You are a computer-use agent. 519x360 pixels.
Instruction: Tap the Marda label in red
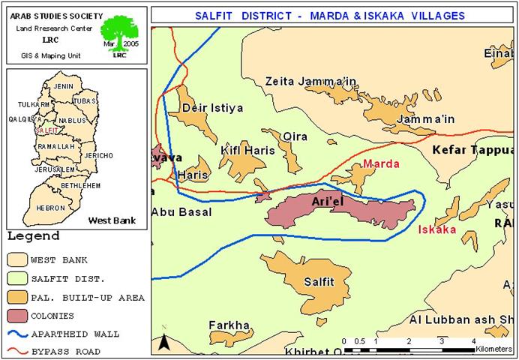tap(380, 163)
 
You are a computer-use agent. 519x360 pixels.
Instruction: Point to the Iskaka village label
tap(436, 229)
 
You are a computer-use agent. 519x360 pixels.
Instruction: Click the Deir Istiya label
tap(213, 109)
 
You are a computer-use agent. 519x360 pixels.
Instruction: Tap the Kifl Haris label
tap(247, 151)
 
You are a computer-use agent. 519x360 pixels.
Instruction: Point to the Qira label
tap(295, 136)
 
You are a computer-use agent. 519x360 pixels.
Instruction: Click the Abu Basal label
tap(181, 212)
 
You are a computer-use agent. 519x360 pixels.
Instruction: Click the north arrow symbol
tap(164, 343)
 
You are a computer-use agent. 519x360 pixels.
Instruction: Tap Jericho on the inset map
tap(100, 155)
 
